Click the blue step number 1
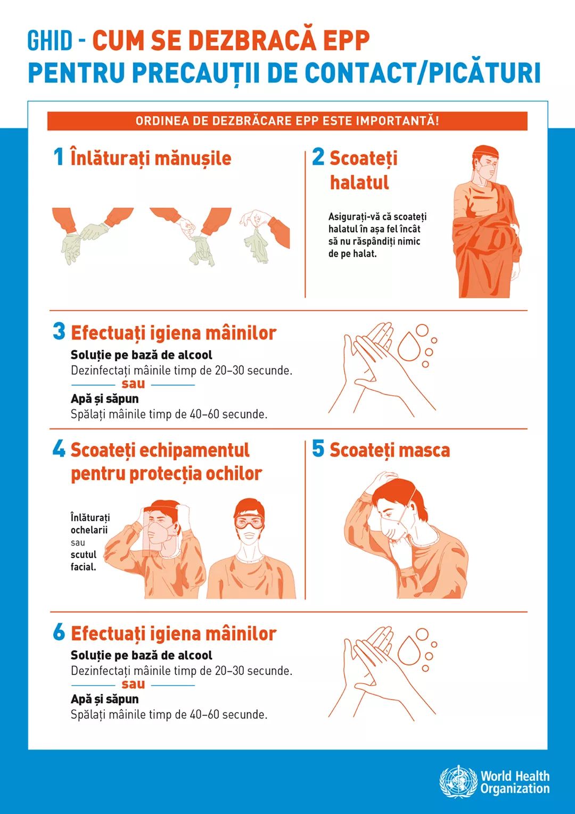tap(59, 157)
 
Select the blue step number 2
tap(318, 157)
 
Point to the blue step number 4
tap(59, 449)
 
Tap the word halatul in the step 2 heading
tap(359, 182)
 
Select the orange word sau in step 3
tap(133, 384)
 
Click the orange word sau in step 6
tap(133, 684)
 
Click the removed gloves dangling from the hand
tap(257, 246)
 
